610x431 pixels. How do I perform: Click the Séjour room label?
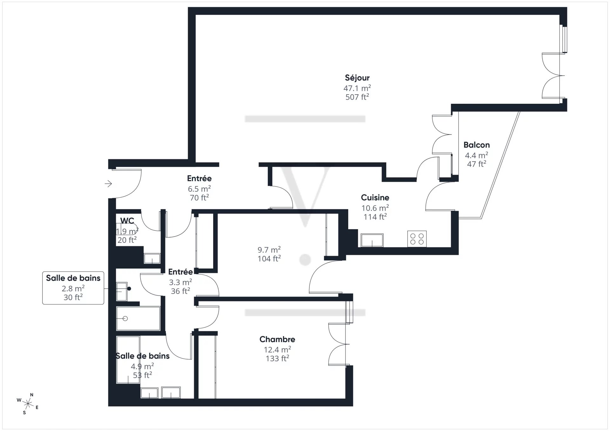click(x=357, y=78)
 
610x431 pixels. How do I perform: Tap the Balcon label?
click(x=477, y=145)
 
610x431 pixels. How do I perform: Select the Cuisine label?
click(x=375, y=197)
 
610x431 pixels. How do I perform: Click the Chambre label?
click(x=277, y=339)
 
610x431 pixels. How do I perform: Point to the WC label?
click(x=127, y=221)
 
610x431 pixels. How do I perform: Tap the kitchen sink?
click(x=372, y=240)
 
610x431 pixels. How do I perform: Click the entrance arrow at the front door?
click(x=108, y=183)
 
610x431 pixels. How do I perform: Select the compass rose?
click(x=28, y=404)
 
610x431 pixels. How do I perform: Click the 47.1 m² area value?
click(x=357, y=88)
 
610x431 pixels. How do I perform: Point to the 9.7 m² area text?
click(x=269, y=250)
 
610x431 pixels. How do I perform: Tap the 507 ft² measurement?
click(x=357, y=97)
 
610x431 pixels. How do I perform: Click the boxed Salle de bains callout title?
click(x=73, y=278)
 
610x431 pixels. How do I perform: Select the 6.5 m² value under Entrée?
click(x=199, y=189)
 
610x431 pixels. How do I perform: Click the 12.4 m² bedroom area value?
click(x=277, y=349)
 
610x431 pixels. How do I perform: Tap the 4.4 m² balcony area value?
click(x=477, y=155)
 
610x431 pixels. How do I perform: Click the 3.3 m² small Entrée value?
click(x=180, y=282)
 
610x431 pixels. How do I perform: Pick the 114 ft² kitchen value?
click(x=375, y=217)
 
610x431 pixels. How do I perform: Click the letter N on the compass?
click(x=31, y=395)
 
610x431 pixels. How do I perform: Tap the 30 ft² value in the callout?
click(x=73, y=297)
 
